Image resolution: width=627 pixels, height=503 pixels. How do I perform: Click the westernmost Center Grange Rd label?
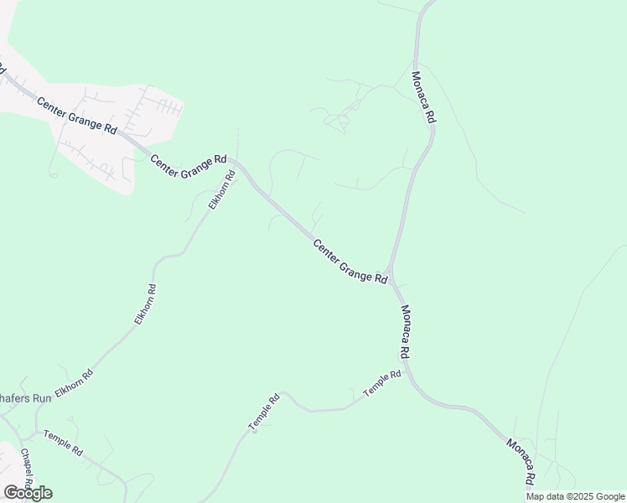point(75,115)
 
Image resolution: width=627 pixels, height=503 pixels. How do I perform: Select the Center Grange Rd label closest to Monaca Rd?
point(350,262)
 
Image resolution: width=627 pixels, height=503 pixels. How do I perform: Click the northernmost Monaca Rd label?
point(422,98)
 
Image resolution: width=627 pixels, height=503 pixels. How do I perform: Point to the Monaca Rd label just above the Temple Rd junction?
point(405,331)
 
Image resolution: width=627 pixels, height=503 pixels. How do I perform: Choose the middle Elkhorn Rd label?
point(145,304)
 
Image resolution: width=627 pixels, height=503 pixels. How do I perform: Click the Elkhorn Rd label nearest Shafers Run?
point(74,382)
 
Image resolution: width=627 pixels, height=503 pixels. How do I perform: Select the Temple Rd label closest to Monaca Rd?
point(382,383)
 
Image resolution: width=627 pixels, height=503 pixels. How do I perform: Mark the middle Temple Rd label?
point(263,413)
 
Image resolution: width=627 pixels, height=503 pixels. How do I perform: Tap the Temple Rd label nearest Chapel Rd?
point(63,443)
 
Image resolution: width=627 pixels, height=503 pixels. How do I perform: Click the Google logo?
point(28,493)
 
